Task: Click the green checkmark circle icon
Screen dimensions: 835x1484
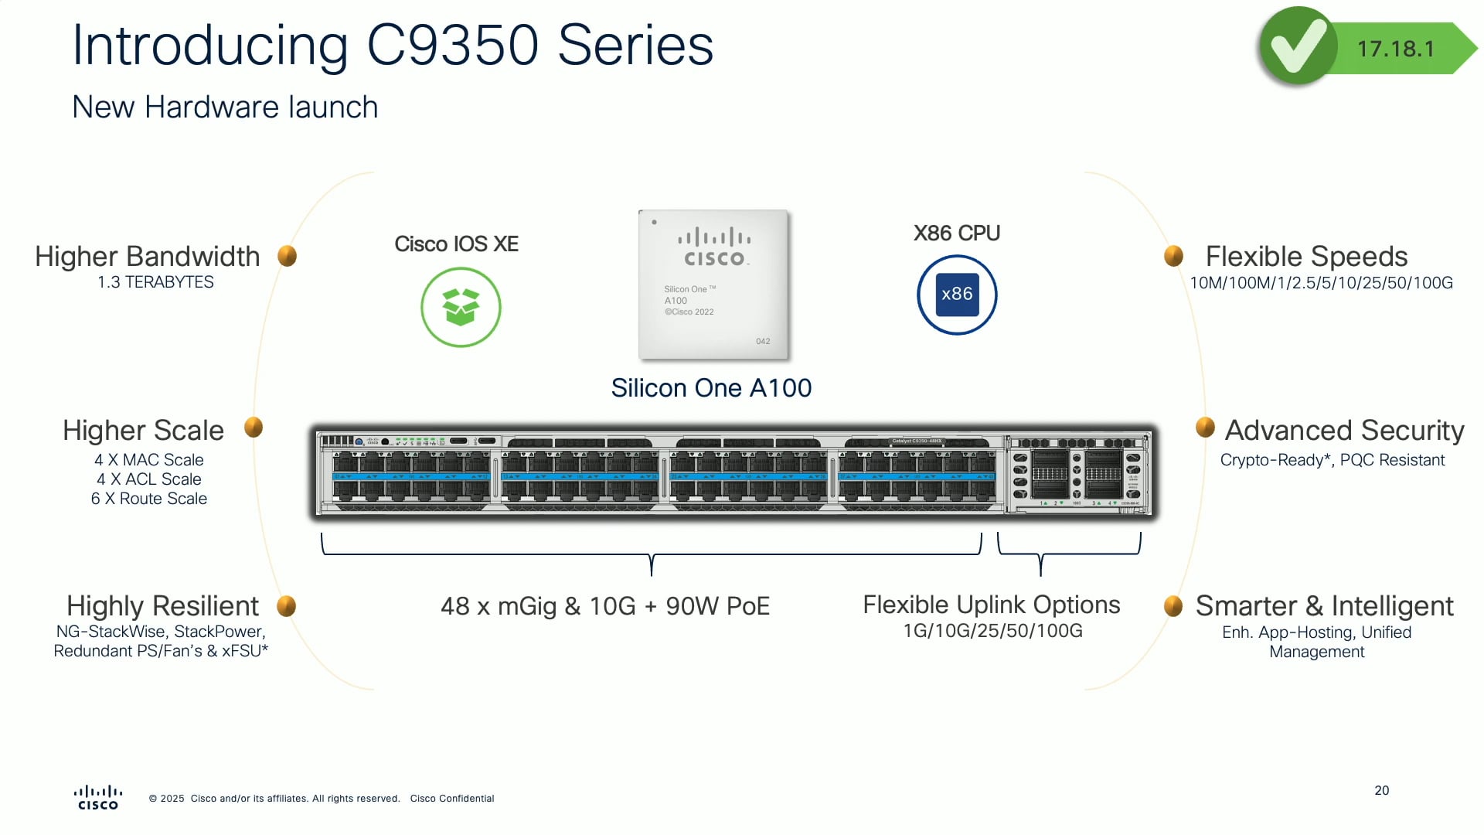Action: [1298, 46]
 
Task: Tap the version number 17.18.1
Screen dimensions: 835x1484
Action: [1396, 49]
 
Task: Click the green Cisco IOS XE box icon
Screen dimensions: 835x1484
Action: [461, 307]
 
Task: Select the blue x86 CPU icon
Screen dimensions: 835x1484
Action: [957, 295]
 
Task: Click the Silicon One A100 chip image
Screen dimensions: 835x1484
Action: [713, 285]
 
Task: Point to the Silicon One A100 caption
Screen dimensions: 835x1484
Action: [711, 387]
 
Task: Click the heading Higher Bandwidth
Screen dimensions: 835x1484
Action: [147, 256]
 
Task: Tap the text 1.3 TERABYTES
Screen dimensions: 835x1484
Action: [155, 282]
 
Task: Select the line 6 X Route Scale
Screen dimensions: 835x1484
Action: [149, 499]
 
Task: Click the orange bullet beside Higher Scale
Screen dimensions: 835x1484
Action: [254, 427]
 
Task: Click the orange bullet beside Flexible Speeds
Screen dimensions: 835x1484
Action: [1173, 255]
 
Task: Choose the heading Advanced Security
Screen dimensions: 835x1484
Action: [1344, 430]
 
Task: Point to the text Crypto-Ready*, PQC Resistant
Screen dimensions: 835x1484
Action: [1332, 460]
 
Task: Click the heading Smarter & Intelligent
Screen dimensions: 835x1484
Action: [1324, 605]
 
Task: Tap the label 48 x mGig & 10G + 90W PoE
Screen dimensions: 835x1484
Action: [605, 606]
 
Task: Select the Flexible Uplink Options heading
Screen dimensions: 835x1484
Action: [991, 605]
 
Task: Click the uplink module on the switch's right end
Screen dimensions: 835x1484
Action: [1077, 473]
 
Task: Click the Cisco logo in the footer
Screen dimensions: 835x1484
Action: [98, 797]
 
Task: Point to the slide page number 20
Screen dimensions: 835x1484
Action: [1381, 790]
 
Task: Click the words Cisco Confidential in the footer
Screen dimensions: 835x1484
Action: [452, 799]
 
